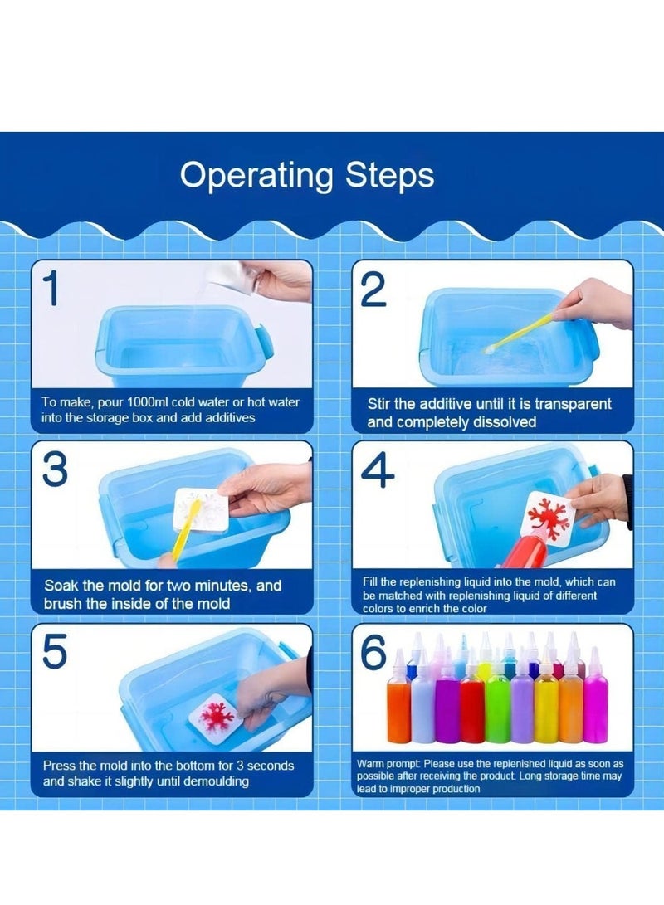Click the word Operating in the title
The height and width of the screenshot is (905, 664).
point(256,176)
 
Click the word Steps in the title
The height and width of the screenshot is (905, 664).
point(390,175)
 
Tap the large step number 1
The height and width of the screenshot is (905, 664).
point(52,289)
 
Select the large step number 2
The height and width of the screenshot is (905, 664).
point(373,290)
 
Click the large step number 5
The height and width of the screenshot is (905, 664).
point(55,651)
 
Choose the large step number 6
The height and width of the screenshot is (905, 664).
point(373,652)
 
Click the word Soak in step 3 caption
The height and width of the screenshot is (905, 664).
point(61,586)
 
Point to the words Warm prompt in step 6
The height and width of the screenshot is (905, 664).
point(387,764)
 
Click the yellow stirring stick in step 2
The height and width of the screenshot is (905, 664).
point(520,331)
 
